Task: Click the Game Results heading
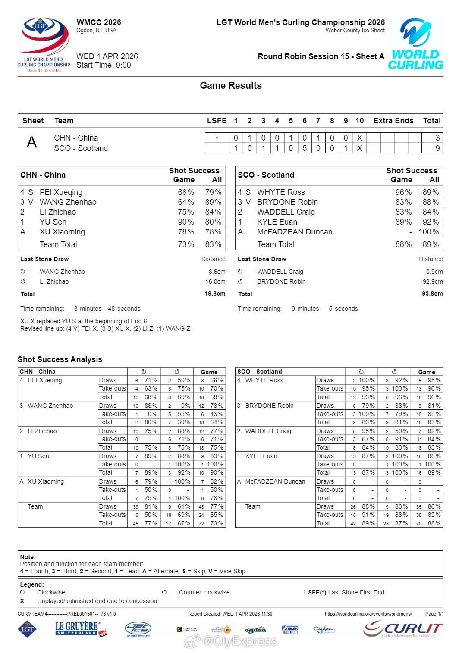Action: [230, 86]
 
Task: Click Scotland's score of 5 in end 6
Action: [305, 148]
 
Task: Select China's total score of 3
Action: [437, 138]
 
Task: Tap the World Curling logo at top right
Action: [415, 44]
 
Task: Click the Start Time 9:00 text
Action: [104, 65]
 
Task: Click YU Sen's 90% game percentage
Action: [186, 222]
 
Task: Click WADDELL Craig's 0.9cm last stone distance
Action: [434, 272]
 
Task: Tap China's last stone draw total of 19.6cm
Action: [215, 294]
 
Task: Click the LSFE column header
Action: [217, 121]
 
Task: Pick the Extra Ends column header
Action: [393, 121]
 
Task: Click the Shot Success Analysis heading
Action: [60, 359]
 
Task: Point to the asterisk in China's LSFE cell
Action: [217, 138]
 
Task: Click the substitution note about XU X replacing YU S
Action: [84, 321]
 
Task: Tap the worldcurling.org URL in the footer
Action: [368, 614]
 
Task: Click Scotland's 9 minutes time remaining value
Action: [305, 309]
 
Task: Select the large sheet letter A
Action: [32, 142]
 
